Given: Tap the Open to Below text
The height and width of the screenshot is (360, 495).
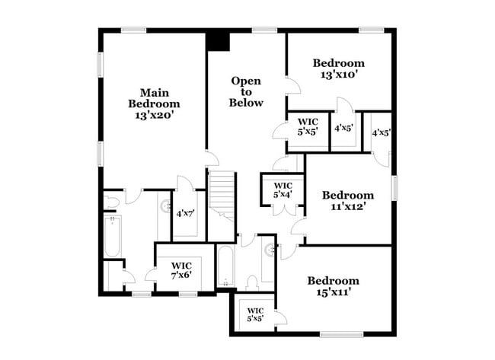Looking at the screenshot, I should pos(247,91).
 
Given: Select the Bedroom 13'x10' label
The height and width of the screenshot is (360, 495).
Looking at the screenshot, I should pos(339,68).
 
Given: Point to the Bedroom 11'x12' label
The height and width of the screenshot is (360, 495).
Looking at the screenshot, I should pos(348,200).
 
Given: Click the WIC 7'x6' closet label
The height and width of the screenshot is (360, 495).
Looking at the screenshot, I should pos(180,270).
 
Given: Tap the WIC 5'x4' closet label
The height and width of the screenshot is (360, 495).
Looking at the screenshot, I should pos(283,190).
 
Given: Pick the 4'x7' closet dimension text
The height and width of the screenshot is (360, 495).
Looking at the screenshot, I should pos(185,214).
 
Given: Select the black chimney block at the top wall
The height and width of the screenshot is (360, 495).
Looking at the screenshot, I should pos(219,40).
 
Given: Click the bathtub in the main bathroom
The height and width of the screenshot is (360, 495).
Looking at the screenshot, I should pos(113,236).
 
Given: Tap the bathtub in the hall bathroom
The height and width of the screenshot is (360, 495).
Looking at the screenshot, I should pos(225,266).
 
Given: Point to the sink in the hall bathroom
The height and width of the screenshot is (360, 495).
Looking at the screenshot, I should pos(269,249).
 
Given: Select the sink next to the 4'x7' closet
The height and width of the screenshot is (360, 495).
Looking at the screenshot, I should pos(165,205).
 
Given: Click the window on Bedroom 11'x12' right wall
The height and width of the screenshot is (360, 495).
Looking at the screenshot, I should pos(394,187).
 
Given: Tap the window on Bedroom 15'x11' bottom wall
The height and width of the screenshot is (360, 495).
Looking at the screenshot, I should pos(341,333).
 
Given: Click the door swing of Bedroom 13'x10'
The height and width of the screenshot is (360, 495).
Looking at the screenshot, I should pos(292,85).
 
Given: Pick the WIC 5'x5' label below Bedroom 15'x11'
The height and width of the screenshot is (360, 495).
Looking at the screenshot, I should pos(255,314).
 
